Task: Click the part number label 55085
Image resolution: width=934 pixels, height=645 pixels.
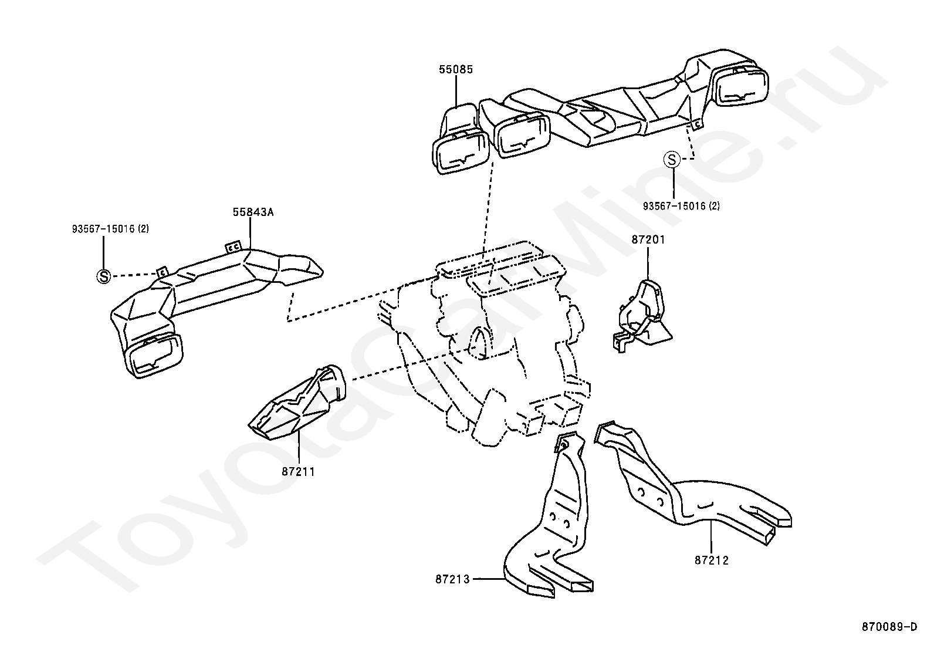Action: point(456,69)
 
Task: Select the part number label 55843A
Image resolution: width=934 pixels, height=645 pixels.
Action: point(253,212)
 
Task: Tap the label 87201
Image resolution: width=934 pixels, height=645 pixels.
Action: point(648,239)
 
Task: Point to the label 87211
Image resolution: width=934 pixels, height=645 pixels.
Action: point(298,471)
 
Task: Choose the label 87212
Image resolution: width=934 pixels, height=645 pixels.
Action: point(711,560)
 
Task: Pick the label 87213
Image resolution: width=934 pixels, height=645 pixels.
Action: point(452,579)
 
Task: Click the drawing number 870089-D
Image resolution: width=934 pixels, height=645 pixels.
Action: point(889,627)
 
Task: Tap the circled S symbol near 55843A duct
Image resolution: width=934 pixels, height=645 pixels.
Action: point(103,276)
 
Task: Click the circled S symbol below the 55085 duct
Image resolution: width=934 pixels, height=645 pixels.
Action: point(672,159)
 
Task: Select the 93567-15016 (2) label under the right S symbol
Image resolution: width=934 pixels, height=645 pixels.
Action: point(681,206)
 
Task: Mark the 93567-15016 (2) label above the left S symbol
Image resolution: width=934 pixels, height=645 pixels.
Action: point(110,229)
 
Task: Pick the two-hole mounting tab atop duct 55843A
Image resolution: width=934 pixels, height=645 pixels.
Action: point(233,247)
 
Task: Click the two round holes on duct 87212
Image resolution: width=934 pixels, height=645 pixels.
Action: point(651,496)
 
